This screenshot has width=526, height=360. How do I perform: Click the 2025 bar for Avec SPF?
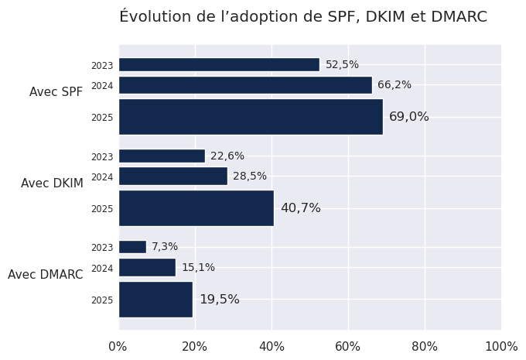251,117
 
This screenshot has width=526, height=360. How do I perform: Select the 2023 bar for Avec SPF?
219,65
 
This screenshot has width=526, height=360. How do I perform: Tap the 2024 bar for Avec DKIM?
173,177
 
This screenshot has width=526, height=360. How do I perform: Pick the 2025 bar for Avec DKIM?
196,208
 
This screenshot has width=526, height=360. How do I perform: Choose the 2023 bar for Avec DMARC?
132,247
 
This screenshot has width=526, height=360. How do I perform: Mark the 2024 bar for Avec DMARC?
147,268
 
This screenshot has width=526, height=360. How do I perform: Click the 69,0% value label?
408,117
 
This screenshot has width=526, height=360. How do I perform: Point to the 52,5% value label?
342,65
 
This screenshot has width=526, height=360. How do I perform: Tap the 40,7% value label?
300,208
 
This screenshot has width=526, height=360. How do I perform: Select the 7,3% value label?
165,247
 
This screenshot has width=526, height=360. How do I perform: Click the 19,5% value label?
220,300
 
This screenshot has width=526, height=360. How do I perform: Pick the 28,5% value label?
250,177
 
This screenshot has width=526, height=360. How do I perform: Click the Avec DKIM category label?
52,183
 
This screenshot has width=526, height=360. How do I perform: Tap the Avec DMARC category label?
46,275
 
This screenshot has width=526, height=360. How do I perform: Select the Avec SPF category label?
56,92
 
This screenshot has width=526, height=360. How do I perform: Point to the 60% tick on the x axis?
348,346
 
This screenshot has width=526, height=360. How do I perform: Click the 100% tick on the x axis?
500,346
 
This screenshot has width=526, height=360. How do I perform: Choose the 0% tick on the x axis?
118,346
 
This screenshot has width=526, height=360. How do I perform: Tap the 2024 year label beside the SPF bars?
102,86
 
